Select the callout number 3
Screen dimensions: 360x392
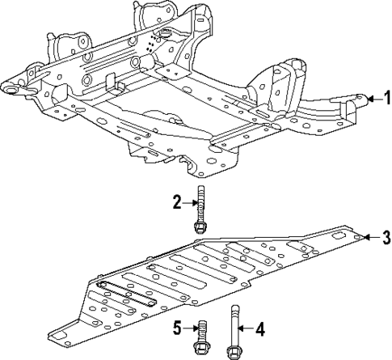[x=386, y=237]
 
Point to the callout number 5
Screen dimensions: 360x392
[x=176, y=328]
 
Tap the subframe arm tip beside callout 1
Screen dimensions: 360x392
[x=356, y=100]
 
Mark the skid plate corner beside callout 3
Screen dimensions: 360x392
[x=356, y=236]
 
